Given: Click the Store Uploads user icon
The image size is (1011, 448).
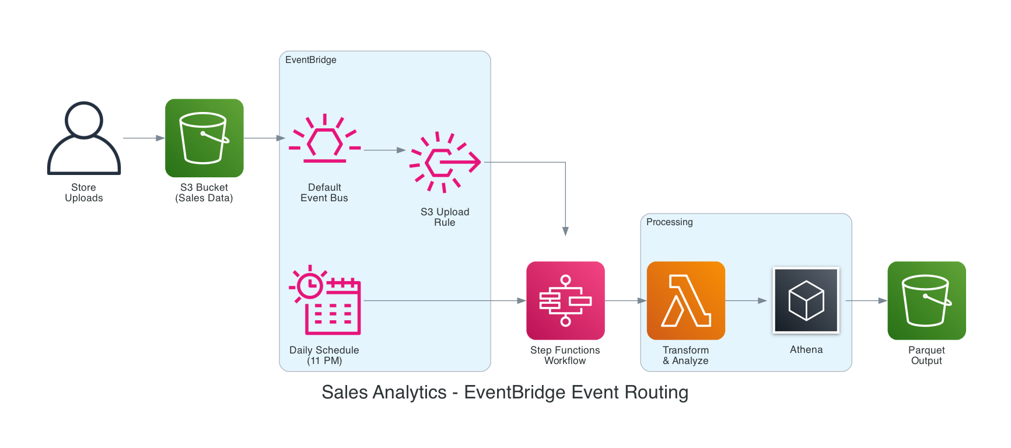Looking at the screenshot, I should pos(83,138).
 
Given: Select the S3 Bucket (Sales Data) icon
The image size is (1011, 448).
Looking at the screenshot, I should pos(204,138).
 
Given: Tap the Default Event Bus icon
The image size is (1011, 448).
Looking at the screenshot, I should pos(324,139).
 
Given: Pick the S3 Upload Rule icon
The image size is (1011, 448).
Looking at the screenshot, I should pos(445,162).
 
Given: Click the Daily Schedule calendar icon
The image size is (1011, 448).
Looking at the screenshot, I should pos(325,300).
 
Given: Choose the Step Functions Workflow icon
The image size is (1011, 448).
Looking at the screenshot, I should pos(565,300).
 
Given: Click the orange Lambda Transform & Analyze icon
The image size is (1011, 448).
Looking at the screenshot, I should pos(685,300).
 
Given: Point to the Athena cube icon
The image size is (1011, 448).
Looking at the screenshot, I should pos(806,300).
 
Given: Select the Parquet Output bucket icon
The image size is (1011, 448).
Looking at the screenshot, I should pos(926,300).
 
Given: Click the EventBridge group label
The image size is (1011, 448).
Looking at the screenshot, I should pos(310,60).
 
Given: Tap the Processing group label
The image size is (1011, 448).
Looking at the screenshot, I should pos(669,222).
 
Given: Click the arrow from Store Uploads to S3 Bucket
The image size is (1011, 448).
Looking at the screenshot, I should pos(144,138).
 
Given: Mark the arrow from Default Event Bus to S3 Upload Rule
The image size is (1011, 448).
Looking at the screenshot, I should pos(384,150).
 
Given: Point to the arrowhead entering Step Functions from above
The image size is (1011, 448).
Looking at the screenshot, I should pos(565,231).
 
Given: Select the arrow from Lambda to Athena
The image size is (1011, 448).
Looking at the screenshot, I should pos(746,300).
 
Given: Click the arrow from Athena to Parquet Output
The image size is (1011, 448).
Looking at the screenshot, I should pos(866,300).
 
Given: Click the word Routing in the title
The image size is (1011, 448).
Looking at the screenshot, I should pos(656,393).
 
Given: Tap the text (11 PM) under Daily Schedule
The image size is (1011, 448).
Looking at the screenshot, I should pos(324,361).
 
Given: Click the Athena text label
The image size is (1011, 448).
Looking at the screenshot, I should pos(806,349).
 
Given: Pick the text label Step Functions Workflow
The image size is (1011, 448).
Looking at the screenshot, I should pos(565,355).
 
